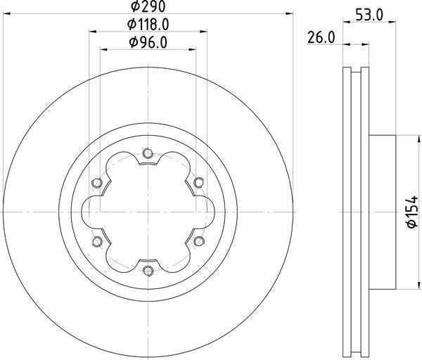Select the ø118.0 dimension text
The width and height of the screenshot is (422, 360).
coord(148,25)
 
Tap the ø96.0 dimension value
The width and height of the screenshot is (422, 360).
coord(148,43)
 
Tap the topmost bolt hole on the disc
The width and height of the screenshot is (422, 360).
coord(148,152)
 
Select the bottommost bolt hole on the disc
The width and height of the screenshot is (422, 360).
coord(148,271)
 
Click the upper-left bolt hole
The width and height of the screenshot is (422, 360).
coord(96,183)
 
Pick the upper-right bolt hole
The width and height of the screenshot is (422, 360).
coord(199,183)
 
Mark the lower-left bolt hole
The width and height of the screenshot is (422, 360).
coord(96,241)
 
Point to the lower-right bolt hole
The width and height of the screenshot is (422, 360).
coord(199,241)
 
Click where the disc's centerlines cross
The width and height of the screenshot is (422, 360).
coord(148,212)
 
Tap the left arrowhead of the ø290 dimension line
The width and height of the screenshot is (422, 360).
coord(6,13)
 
